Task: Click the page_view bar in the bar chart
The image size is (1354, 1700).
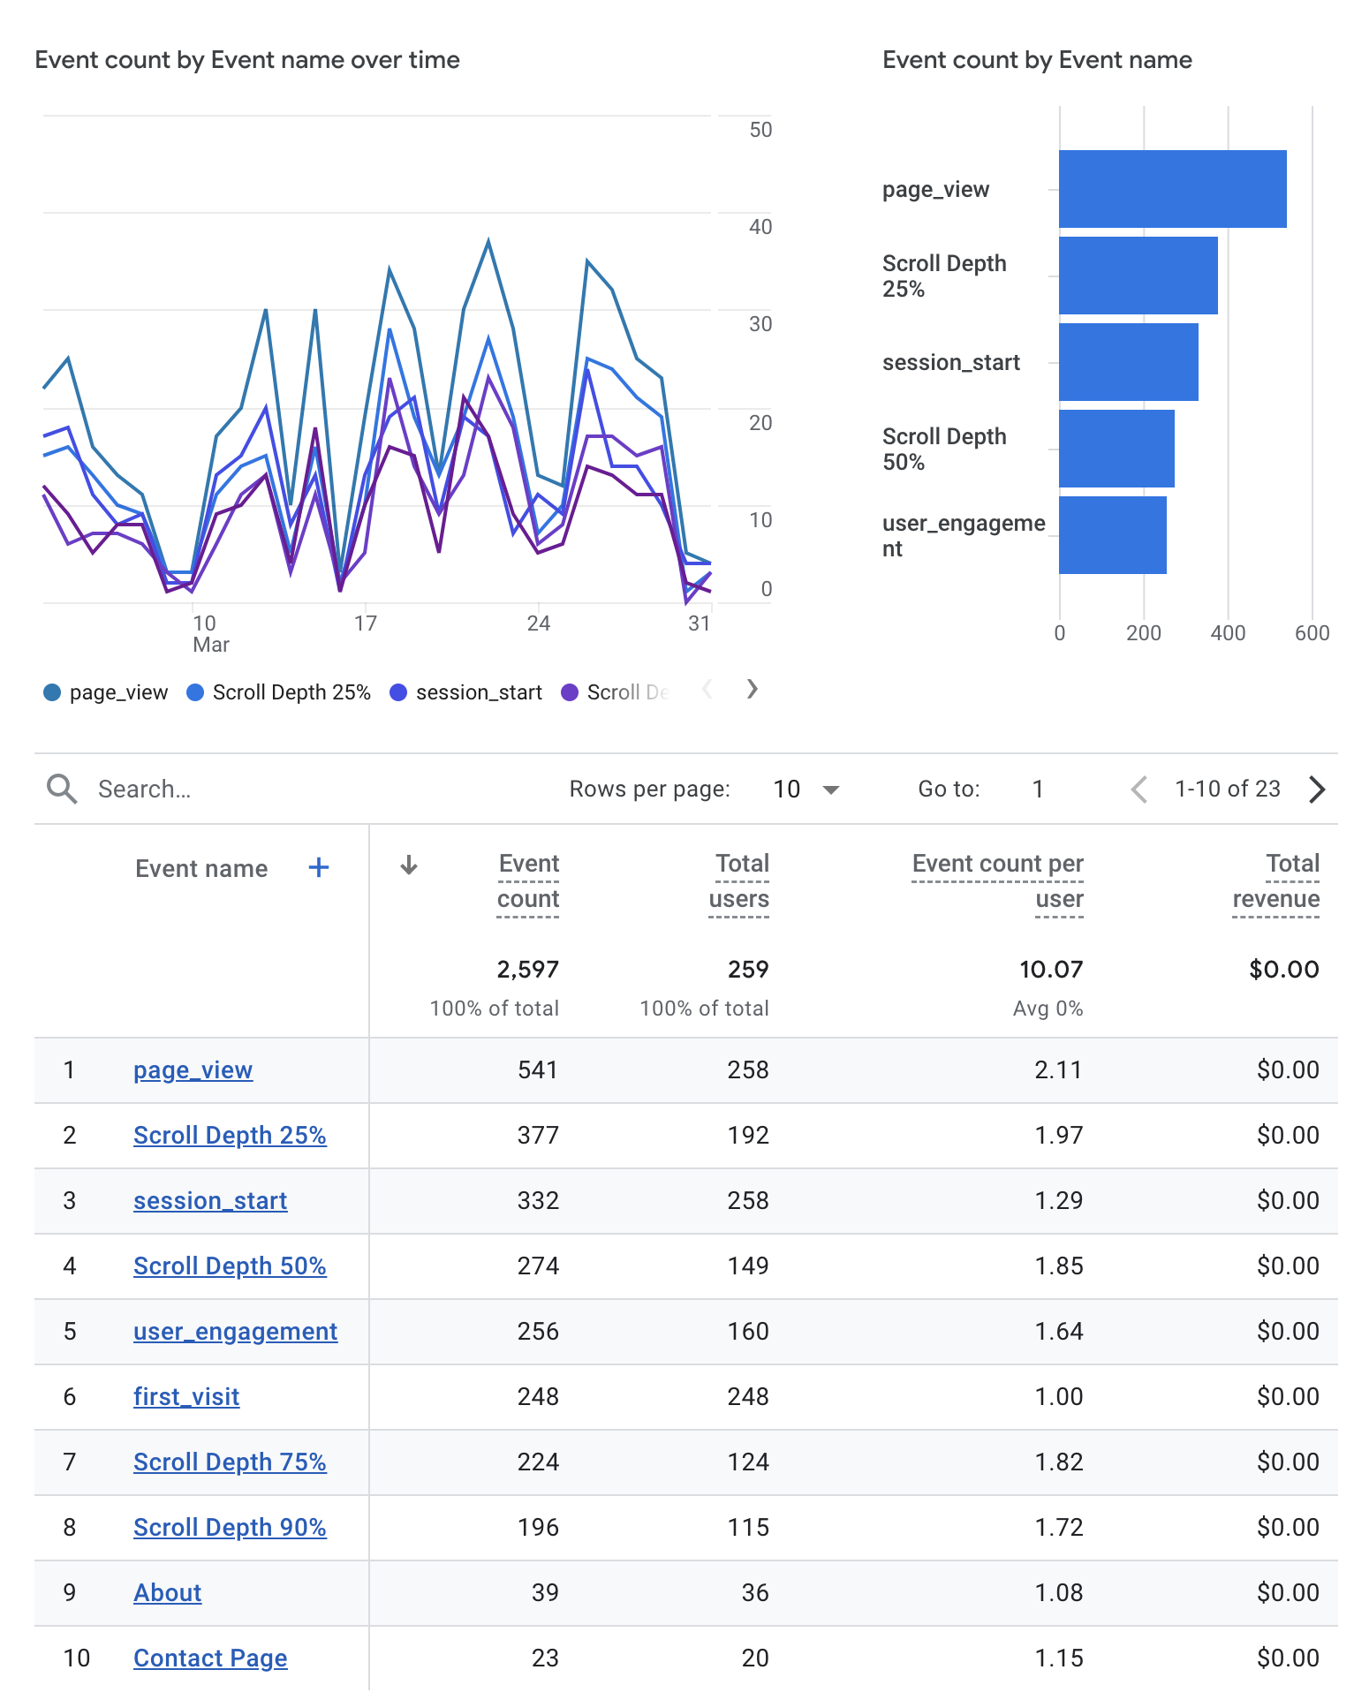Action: point(1172,189)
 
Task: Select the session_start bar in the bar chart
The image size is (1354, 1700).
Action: point(1128,362)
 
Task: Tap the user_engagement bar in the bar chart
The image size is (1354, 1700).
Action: point(1112,535)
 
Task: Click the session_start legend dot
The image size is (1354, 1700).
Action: point(398,692)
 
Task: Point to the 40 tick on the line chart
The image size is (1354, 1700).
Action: point(760,227)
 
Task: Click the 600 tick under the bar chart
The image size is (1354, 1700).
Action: point(1312,633)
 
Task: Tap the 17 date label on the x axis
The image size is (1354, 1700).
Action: point(366,623)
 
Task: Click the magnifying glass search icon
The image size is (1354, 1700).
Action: point(62,789)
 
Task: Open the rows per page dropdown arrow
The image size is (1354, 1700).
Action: point(830,790)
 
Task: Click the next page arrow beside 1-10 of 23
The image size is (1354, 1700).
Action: point(1316,790)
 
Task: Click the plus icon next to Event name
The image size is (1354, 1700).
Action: point(319,868)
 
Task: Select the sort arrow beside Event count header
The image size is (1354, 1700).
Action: point(408,865)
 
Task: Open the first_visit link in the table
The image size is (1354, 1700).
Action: point(186,1397)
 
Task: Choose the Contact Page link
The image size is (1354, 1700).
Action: point(210,1658)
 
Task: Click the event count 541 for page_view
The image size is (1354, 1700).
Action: point(537,1070)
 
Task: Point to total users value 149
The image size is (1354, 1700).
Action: point(747,1266)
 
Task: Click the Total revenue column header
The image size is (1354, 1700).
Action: point(1276,881)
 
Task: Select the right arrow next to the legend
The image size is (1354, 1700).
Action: point(752,689)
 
